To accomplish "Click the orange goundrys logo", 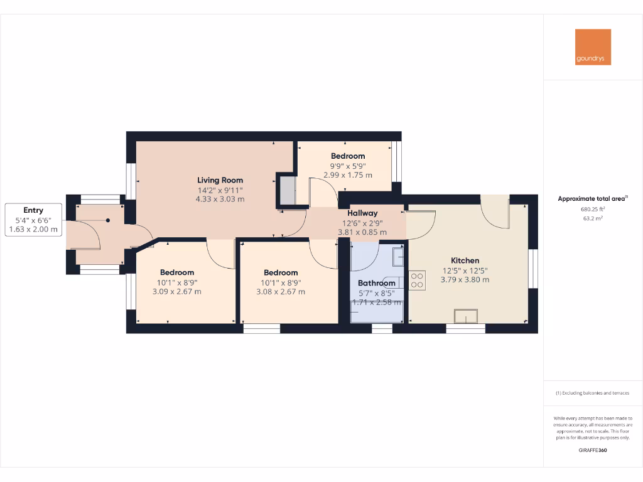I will click(x=593, y=47).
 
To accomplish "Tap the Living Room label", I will click(x=220, y=180).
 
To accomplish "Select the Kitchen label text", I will click(x=465, y=260).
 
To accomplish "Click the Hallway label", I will click(x=362, y=213).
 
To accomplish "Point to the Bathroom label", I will click(x=376, y=283).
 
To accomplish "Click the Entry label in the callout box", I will click(x=33, y=210).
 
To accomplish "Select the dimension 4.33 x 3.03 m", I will click(x=220, y=199).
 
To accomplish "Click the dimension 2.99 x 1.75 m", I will click(x=347, y=175).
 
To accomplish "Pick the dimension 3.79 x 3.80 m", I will click(x=465, y=279).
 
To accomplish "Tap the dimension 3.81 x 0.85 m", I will click(x=362, y=232).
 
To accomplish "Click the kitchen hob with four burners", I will click(x=417, y=280).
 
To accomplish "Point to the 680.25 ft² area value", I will click(x=593, y=210).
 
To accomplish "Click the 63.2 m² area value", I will click(x=593, y=220).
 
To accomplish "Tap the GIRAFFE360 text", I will click(x=593, y=450).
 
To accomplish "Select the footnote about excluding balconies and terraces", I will click(x=593, y=394).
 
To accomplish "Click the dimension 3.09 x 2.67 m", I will click(x=176, y=291).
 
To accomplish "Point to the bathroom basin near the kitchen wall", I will click(x=398, y=257).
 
